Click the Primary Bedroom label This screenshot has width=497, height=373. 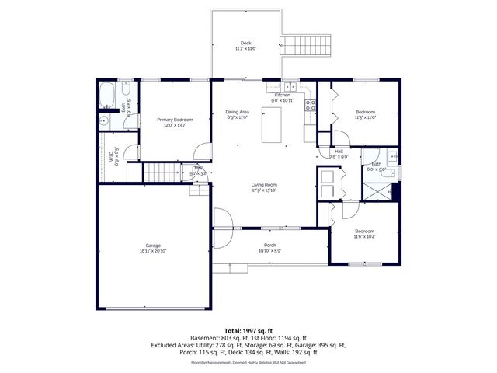[174, 120]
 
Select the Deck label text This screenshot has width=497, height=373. [245, 43]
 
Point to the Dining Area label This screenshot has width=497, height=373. [237, 112]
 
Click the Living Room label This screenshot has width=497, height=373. [264, 185]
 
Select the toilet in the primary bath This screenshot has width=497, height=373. [106, 121]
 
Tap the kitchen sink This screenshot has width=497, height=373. [288, 86]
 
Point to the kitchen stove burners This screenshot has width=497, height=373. [310, 104]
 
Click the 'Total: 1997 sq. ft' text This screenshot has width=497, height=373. [248, 331]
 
